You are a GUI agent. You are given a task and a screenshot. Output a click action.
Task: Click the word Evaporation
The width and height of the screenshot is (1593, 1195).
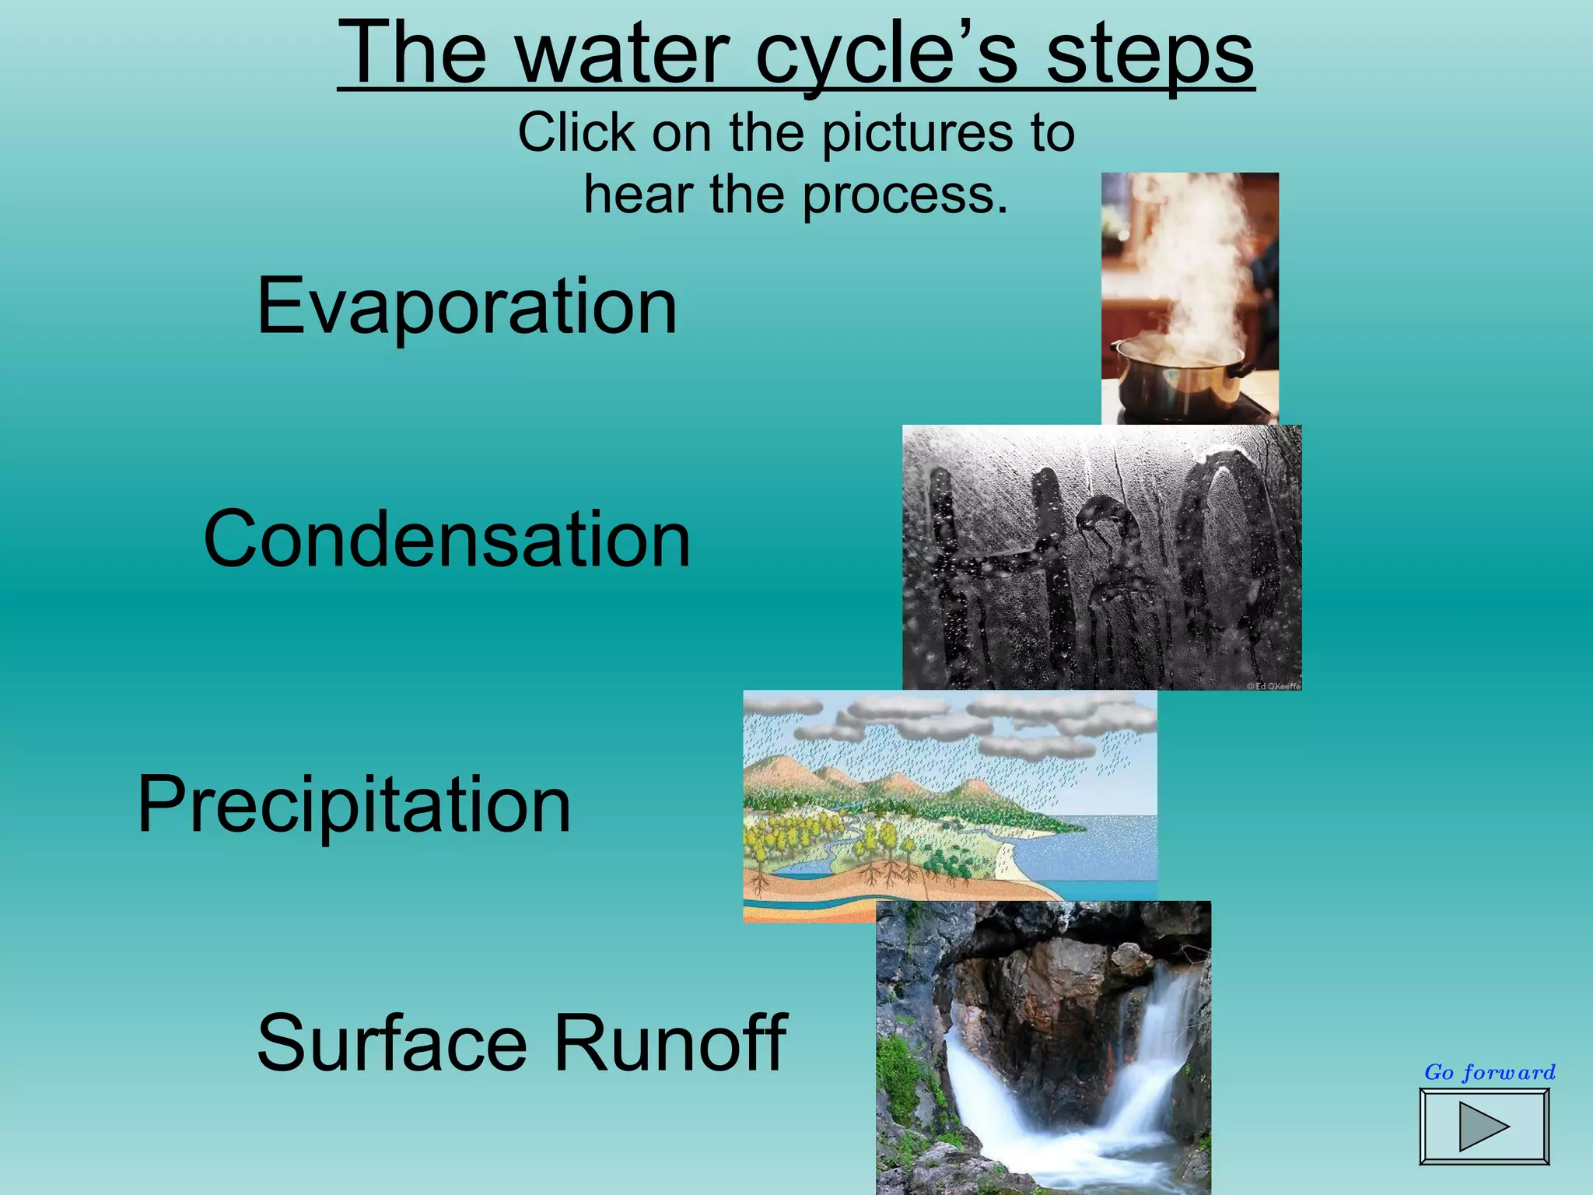tap(467, 307)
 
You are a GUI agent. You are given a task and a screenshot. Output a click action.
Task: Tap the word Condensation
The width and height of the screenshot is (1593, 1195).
tap(446, 538)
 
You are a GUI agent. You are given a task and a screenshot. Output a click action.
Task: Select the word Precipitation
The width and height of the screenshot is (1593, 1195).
tap(354, 804)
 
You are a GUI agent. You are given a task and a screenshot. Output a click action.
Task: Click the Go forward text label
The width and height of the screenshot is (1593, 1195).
tap(1490, 1072)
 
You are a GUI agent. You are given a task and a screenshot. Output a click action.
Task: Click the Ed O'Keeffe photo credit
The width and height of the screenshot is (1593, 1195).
tap(1273, 686)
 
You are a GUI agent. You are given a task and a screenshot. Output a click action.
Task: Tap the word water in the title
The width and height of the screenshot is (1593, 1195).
tap(622, 54)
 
